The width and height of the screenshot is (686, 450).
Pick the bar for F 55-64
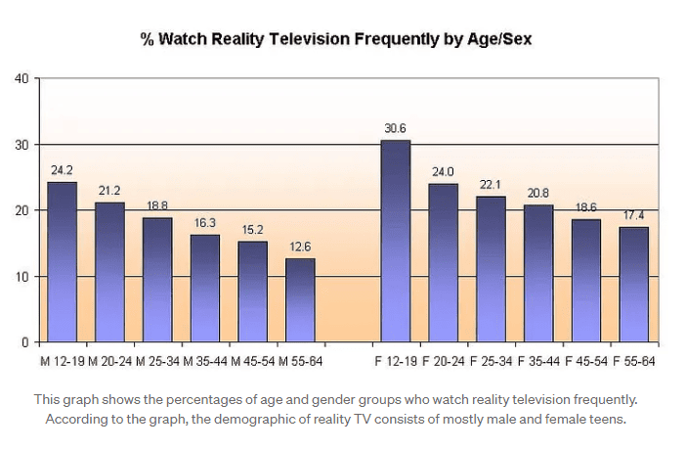pos(634,284)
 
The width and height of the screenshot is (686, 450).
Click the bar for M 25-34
pos(157,279)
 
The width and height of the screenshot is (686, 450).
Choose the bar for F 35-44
pos(538,273)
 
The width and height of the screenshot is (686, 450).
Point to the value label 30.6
pos(396,128)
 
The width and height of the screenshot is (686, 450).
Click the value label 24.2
pos(62,169)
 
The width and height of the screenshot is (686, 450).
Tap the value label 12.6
pos(300,246)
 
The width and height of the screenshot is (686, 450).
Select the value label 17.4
pos(634,214)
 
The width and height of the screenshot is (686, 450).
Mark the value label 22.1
pos(491,184)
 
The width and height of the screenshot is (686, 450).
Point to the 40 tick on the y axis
pos(21,78)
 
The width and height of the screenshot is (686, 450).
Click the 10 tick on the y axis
pos(21,277)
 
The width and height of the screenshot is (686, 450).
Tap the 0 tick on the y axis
pos(24,342)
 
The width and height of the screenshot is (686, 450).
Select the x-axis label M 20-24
pos(109,361)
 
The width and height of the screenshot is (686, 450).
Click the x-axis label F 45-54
pos(586,361)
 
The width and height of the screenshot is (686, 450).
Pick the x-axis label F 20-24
pos(444,361)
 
